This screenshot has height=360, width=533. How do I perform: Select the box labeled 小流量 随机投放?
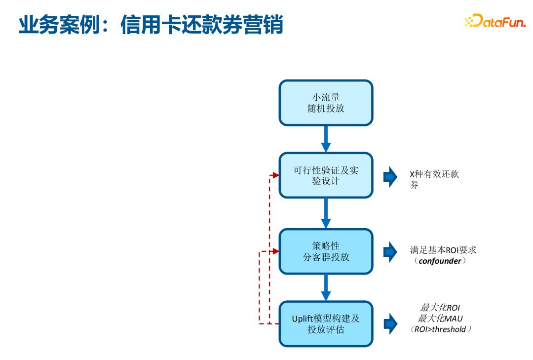click(x=326, y=103)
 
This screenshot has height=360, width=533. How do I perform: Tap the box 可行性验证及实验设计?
click(x=326, y=175)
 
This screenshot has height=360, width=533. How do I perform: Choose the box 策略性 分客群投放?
click(x=326, y=251)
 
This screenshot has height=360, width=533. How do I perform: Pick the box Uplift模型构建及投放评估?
click(x=326, y=324)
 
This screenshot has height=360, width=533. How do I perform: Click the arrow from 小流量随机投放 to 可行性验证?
click(x=326, y=139)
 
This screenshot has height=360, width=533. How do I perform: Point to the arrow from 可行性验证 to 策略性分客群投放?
click(x=326, y=213)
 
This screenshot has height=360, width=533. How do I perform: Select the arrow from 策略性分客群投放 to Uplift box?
click(x=326, y=287)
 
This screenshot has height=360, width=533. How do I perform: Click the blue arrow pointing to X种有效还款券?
click(x=390, y=177)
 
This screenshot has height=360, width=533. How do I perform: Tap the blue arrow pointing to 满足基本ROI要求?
click(x=390, y=252)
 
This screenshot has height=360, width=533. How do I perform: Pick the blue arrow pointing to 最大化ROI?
click(x=390, y=324)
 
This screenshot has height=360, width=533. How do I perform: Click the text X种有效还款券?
click(x=434, y=179)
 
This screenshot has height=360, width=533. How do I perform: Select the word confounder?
click(x=439, y=261)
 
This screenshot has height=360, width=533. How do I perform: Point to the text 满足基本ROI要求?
click(x=443, y=250)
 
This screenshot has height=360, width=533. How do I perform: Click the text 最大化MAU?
click(x=440, y=318)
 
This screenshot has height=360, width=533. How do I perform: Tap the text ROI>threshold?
click(x=440, y=329)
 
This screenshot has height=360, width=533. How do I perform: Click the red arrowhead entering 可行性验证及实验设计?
click(x=275, y=175)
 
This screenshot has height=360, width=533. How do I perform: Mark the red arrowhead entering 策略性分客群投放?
click(x=275, y=251)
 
